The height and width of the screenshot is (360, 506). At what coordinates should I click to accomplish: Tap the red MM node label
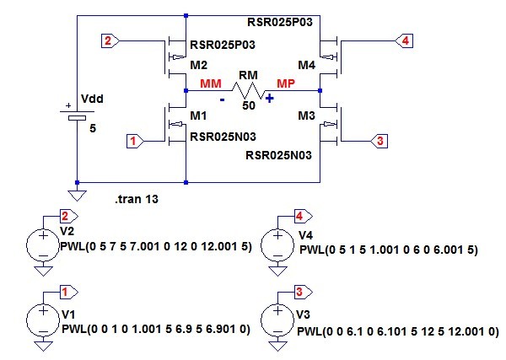211,82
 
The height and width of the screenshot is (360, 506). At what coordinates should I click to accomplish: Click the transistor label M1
199,113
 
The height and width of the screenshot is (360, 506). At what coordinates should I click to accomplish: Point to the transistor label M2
199,65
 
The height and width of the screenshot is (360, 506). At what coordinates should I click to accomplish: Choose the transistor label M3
306,114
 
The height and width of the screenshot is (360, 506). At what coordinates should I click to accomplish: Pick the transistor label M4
304,65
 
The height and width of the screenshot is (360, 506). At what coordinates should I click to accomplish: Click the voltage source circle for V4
277,245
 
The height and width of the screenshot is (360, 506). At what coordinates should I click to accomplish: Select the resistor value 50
248,105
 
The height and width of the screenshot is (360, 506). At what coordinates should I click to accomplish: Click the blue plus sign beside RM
271,98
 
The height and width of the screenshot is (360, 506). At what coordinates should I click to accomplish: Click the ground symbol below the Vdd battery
77,196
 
